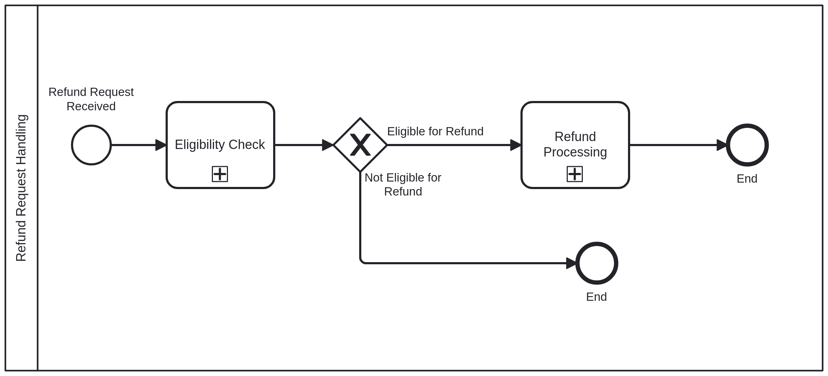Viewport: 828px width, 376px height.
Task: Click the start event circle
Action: [x=91, y=145]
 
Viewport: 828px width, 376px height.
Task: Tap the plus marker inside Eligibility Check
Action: [x=220, y=174]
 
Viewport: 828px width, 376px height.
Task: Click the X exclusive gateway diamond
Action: [x=360, y=145]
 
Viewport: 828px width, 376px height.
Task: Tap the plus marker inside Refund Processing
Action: [x=575, y=174]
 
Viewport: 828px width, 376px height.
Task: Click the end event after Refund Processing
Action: [x=747, y=145]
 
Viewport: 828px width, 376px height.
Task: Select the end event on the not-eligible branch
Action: [x=597, y=263]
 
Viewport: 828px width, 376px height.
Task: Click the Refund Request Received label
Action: [x=91, y=99]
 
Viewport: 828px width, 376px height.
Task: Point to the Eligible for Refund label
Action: [x=435, y=131]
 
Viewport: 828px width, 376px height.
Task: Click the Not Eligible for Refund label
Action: [x=403, y=184]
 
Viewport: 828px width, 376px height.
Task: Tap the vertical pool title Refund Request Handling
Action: [x=21, y=188]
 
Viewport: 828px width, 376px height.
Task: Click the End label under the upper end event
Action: [x=747, y=179]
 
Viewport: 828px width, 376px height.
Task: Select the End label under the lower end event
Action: [x=596, y=297]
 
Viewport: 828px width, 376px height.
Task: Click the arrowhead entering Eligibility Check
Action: [x=161, y=145]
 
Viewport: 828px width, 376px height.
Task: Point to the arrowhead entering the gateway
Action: [x=328, y=145]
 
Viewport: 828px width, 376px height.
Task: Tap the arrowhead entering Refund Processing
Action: [x=516, y=145]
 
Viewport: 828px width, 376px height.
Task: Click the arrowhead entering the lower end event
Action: [x=571, y=263]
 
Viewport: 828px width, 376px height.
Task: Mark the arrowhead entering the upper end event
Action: [x=722, y=145]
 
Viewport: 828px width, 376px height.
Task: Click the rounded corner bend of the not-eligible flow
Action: [x=362, y=261]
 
